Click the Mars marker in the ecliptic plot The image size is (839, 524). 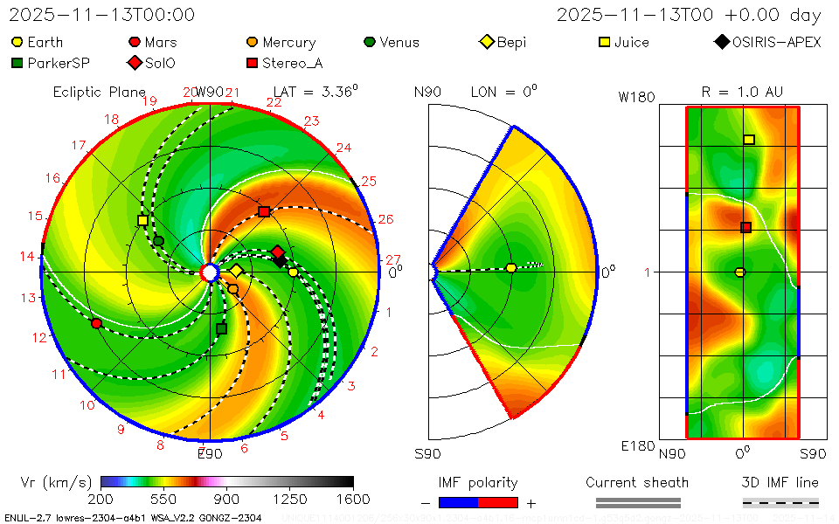[96, 323]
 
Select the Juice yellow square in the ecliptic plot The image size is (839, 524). [142, 220]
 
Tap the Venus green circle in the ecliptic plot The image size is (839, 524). [158, 240]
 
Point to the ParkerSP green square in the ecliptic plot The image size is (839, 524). [221, 328]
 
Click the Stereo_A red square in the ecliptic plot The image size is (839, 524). [264, 211]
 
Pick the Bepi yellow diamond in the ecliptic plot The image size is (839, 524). [236, 271]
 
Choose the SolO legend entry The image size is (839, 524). [152, 63]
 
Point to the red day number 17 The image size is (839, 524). [79, 145]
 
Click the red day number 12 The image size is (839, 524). [38, 337]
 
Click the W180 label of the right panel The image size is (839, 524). [636, 97]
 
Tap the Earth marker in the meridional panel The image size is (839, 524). [511, 267]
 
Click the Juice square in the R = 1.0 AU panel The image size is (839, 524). [749, 140]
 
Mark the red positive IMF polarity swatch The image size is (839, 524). [498, 502]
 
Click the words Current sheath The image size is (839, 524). [637, 482]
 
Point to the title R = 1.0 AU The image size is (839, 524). [742, 92]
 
